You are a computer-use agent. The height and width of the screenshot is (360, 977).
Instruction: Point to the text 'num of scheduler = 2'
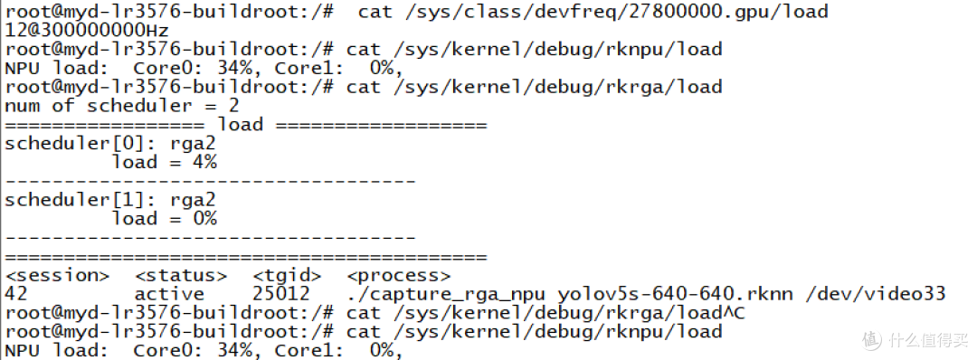[121, 105]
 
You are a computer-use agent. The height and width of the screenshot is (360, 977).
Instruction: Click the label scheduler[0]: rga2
[109, 144]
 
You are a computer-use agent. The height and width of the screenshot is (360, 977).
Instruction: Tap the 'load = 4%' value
[164, 163]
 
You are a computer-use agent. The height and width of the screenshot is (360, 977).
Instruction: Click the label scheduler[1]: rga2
[109, 200]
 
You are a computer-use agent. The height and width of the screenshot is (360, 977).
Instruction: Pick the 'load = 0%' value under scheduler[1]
[164, 219]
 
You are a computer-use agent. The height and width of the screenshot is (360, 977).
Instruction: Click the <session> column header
[57, 275]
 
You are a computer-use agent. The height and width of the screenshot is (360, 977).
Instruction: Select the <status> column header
[181, 275]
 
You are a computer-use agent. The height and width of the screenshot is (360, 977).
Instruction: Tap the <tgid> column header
[288, 275]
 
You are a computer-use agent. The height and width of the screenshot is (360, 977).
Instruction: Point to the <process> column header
[398, 275]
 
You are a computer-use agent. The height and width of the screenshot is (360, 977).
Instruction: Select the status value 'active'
[169, 294]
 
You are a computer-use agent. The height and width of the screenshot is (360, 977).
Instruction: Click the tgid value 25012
[281, 294]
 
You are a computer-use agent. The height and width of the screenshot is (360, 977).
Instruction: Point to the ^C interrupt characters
[734, 313]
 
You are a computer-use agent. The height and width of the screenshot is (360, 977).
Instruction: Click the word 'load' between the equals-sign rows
[240, 125]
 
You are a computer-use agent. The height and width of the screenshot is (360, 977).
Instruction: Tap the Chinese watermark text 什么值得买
[928, 340]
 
